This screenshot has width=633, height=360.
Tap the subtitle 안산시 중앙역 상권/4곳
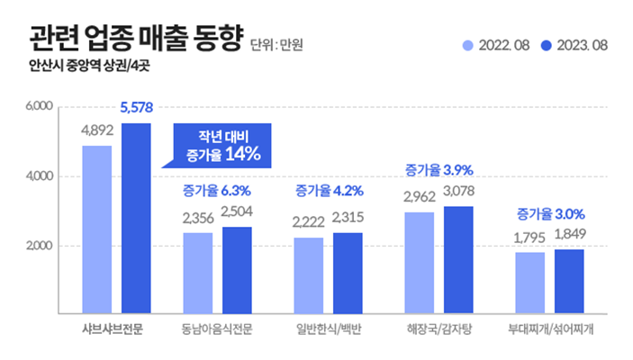86,66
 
